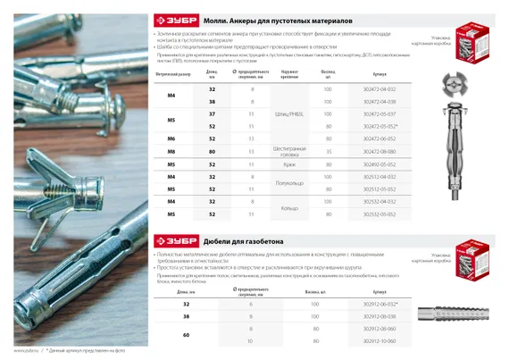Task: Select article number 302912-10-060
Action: point(380,341)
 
